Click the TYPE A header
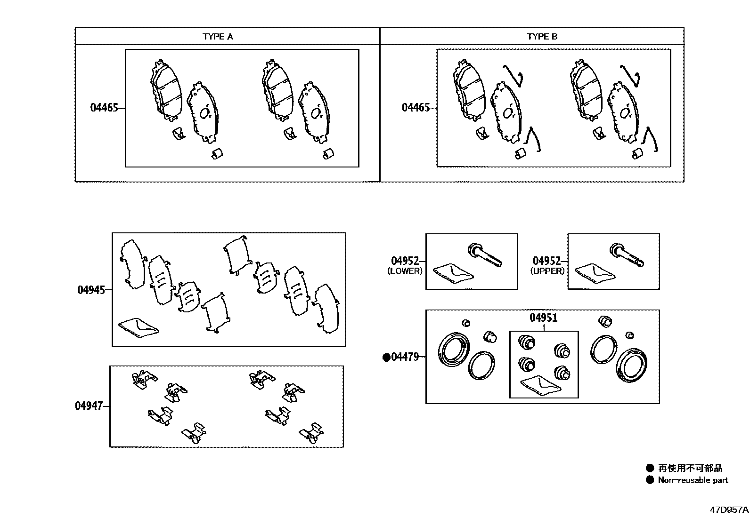218,36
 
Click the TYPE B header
542,36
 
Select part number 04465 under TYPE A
104,108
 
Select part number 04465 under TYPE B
416,108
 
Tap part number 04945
91,290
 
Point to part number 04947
89,406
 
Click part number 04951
543,318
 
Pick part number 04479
405,357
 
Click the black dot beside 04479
386,357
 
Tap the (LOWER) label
405,271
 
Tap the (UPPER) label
547,271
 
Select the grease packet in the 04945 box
139,327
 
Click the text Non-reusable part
693,480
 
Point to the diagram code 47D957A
729,509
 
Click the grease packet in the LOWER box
452,273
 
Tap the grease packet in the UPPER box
595,273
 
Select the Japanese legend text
690,468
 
